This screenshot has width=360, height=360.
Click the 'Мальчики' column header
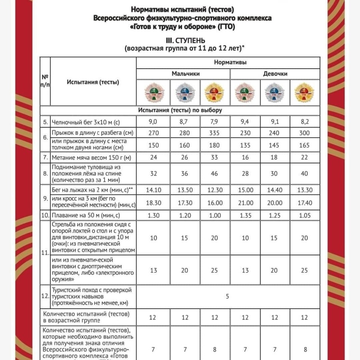pos(186,73)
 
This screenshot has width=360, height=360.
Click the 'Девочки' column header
pos(275,73)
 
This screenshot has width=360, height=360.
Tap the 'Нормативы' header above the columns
pos(230,62)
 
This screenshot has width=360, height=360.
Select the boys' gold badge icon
pos(215,92)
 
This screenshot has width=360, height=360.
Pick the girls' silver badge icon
pos(274,92)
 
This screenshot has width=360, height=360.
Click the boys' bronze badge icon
pos(153,92)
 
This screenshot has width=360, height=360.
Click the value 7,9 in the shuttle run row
pos(215,121)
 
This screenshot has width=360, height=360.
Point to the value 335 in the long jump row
pos(215,132)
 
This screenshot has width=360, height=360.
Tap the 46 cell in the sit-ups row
pos(215,173)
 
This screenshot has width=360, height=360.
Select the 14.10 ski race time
pos(153,190)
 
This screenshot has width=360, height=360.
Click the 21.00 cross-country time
pos(245,203)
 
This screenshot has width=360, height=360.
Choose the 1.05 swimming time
pos(304,216)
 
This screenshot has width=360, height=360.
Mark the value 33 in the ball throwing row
pos(215,157)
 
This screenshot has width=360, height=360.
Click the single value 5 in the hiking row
pos(228,297)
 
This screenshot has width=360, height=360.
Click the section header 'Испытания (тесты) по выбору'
pos(180,111)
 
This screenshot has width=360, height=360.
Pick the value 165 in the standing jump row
pos(304,145)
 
